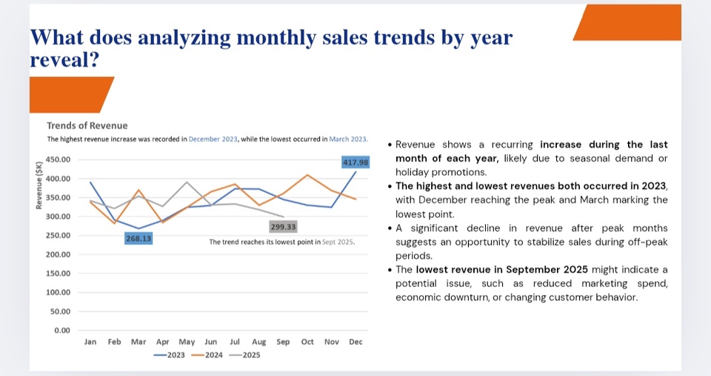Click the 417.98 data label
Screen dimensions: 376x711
point(355,162)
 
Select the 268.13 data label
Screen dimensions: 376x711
point(138,239)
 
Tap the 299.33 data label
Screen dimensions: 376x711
point(283,227)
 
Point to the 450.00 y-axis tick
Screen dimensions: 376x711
point(59,159)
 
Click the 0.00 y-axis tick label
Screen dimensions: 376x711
point(62,330)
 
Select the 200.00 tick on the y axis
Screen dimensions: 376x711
point(59,254)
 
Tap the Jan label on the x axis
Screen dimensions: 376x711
point(90,342)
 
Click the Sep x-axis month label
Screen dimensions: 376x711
point(283,342)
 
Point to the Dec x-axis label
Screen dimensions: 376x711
point(355,342)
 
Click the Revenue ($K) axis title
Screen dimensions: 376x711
point(39,185)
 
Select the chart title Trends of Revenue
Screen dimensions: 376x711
point(87,126)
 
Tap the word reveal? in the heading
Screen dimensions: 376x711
point(65,60)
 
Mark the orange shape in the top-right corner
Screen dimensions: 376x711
point(628,23)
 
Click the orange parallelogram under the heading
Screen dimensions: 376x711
point(70,94)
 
